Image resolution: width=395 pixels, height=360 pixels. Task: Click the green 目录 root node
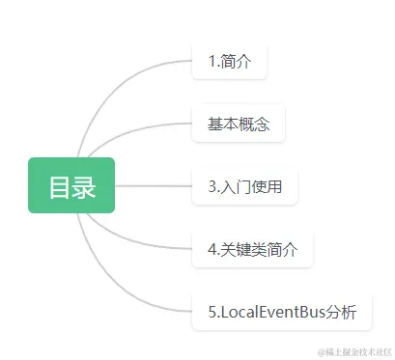[71, 185]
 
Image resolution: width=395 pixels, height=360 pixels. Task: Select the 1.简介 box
[229, 62]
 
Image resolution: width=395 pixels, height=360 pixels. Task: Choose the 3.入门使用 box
[245, 186]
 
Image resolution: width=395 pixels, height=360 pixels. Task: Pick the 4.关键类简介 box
[253, 248]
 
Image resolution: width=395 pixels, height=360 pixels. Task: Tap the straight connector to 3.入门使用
[155, 185]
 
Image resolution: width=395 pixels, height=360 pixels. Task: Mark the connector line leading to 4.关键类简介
[155, 241]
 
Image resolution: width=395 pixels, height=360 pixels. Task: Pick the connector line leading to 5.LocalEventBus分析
[145, 300]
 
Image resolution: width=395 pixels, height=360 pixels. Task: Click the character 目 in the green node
[59, 185]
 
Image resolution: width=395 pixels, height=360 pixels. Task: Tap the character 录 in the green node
[84, 185]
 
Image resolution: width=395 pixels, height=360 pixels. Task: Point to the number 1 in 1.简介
[211, 62]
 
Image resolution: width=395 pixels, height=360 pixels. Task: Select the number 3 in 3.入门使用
[212, 186]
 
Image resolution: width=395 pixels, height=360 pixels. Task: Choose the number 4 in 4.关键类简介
[212, 248]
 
